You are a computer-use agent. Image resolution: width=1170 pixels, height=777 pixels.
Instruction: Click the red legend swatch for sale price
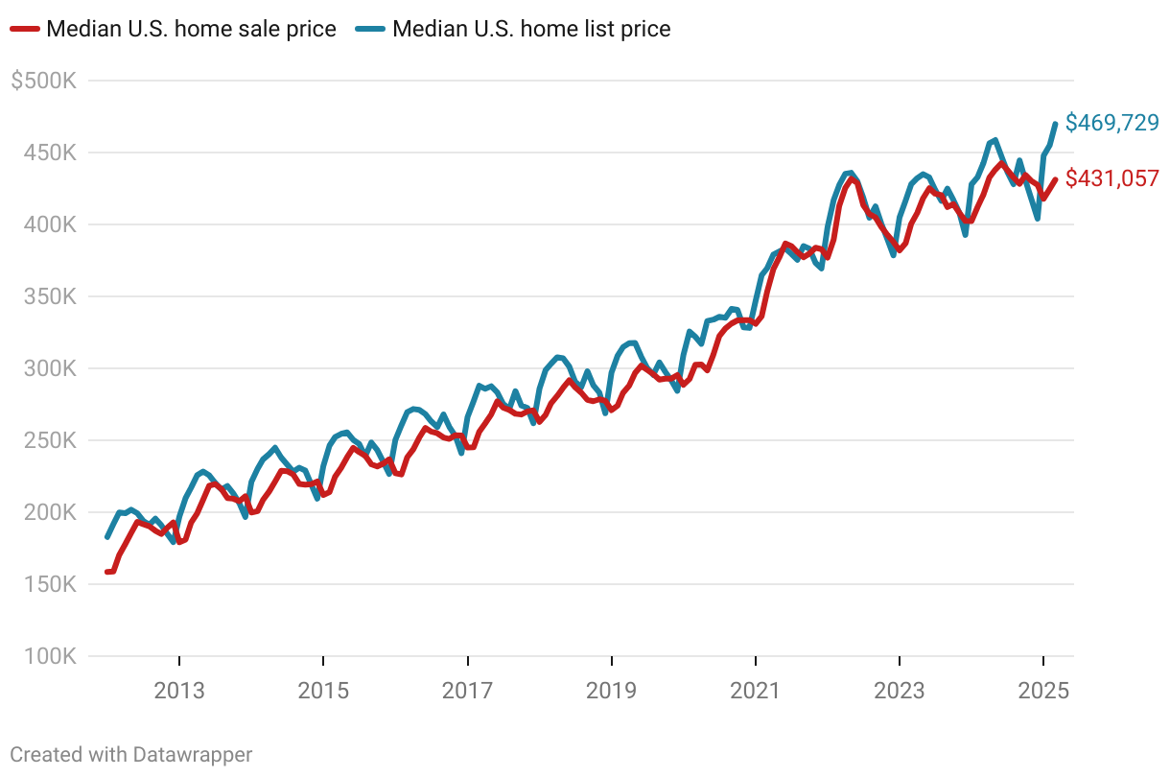click(25, 30)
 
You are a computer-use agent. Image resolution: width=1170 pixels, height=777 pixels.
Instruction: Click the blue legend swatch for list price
click(371, 30)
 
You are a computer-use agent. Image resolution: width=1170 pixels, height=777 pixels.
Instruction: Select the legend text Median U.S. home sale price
click(192, 30)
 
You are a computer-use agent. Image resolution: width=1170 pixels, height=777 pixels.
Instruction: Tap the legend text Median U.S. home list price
click(531, 30)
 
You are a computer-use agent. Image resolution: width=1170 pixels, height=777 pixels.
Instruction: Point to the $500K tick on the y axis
click(43, 81)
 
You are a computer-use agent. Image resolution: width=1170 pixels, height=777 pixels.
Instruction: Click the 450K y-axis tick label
click(48, 153)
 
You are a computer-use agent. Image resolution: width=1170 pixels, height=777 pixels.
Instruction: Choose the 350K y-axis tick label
click(48, 296)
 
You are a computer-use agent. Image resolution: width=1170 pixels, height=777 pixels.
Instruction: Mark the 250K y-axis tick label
click(48, 440)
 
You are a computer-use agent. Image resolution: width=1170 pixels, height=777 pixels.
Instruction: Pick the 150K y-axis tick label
click(48, 584)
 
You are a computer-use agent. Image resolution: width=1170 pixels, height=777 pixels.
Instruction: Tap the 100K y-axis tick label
click(48, 656)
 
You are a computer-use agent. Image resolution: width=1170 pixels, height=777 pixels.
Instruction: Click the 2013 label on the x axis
click(179, 691)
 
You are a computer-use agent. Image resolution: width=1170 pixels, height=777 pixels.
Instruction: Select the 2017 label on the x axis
click(467, 691)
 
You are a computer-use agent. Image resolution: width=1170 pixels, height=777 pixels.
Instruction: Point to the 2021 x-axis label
click(756, 691)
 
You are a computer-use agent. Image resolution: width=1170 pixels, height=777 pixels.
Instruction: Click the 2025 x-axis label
click(1043, 691)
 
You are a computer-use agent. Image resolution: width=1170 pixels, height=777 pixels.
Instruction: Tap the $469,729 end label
click(1112, 123)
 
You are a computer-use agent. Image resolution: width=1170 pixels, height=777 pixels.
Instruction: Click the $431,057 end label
click(1112, 178)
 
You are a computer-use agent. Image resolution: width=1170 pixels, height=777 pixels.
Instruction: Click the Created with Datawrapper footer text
click(131, 755)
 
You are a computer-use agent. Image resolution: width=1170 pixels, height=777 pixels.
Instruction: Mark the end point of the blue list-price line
click(1056, 124)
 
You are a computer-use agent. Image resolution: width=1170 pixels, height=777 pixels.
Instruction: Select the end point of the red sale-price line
click(1056, 179)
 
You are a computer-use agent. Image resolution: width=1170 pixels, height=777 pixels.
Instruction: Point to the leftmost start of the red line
click(107, 572)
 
